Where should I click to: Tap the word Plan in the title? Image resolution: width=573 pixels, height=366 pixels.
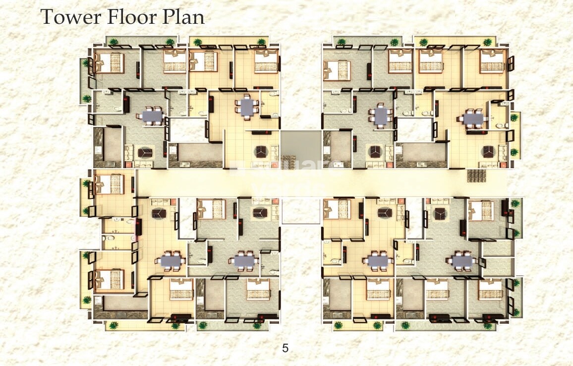[x=183, y=17]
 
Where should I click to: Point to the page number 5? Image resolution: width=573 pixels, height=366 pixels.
[x=285, y=348]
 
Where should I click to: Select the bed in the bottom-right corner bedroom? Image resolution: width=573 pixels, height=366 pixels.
[x=491, y=289]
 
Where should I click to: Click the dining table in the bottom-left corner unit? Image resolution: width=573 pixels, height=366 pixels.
[x=171, y=260]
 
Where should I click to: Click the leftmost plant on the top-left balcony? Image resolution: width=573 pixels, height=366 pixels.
[x=114, y=42]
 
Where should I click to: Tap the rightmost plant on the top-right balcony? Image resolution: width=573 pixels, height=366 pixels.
[x=488, y=42]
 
